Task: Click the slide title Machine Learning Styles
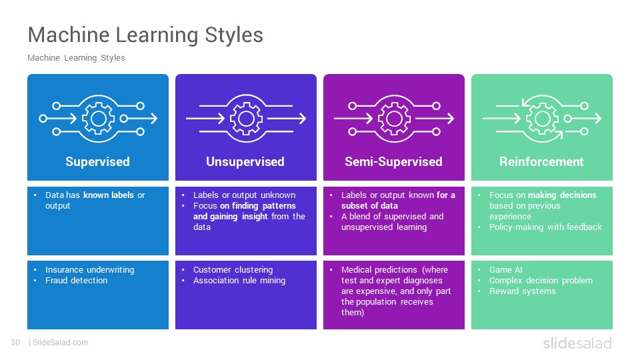click(x=145, y=35)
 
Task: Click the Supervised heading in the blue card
click(x=97, y=161)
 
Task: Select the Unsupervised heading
click(x=245, y=161)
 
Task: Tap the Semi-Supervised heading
click(x=393, y=161)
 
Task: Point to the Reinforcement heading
click(x=541, y=161)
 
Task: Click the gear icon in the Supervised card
click(x=99, y=119)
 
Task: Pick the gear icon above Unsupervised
click(x=246, y=119)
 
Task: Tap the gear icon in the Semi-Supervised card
click(x=394, y=119)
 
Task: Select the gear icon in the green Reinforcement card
click(x=542, y=119)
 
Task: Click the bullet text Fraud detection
click(x=76, y=281)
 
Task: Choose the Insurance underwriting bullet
click(x=90, y=270)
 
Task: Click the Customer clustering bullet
click(x=233, y=270)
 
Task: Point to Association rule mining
click(x=239, y=281)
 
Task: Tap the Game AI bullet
click(x=506, y=270)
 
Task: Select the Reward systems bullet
click(x=523, y=291)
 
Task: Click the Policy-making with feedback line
click(x=545, y=227)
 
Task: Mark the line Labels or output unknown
click(x=244, y=195)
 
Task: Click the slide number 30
click(x=15, y=343)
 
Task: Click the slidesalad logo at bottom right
click(x=577, y=343)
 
